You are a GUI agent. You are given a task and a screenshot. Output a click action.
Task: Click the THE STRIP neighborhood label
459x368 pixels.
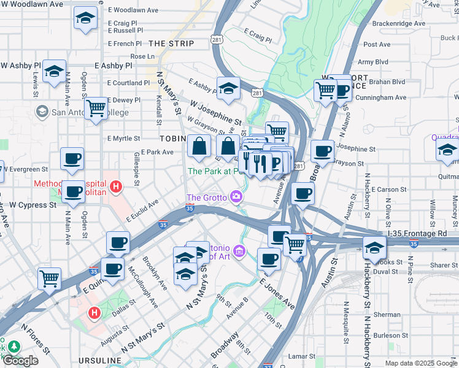[x=171, y=44]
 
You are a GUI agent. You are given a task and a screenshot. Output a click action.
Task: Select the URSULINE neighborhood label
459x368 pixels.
[x=101, y=359]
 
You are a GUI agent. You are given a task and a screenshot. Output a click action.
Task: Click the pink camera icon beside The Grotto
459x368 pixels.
[x=236, y=197]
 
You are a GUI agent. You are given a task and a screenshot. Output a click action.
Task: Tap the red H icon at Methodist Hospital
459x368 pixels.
[x=115, y=185]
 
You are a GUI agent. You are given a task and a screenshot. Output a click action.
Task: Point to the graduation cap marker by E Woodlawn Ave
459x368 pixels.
[x=85, y=18]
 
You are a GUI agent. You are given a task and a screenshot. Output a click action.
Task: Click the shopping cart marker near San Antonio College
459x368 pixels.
[x=96, y=109]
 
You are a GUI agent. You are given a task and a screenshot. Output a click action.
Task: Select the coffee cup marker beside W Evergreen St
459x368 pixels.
[x=72, y=159]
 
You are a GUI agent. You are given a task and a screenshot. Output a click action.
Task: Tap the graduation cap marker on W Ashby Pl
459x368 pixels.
[x=54, y=72]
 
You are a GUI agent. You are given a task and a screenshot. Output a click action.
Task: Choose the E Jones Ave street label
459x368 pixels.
[x=277, y=293]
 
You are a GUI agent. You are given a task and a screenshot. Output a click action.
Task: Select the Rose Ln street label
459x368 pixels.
[x=142, y=56]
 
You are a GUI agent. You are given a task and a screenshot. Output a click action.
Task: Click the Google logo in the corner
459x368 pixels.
[x=20, y=361]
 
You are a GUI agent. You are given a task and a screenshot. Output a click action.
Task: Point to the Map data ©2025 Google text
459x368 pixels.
[x=421, y=363]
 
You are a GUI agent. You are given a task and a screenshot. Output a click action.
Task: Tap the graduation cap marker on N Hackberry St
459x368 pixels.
[x=374, y=248]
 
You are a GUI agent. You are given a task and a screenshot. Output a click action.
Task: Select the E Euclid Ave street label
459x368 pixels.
[x=142, y=209]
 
